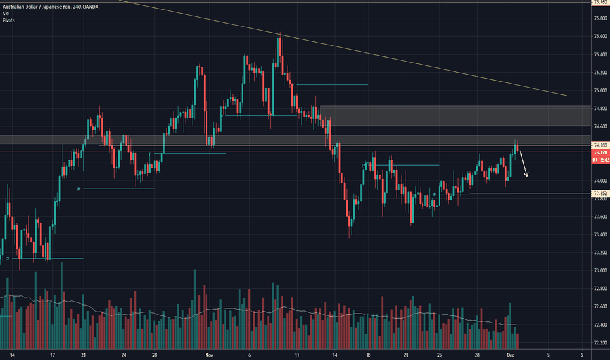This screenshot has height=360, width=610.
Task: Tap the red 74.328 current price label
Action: [x=600, y=152]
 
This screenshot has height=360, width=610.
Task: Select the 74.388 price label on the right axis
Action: [x=600, y=145]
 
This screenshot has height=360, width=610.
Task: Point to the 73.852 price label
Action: [x=600, y=194]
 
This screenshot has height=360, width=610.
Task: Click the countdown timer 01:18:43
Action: [x=600, y=159]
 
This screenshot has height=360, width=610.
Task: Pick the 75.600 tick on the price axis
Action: [x=600, y=37]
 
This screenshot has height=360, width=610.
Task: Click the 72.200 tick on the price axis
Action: [x=600, y=342]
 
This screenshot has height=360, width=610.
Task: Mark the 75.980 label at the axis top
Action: [x=600, y=2]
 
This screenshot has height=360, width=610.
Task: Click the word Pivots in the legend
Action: [x=9, y=20]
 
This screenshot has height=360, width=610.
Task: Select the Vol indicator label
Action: [x=7, y=13]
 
